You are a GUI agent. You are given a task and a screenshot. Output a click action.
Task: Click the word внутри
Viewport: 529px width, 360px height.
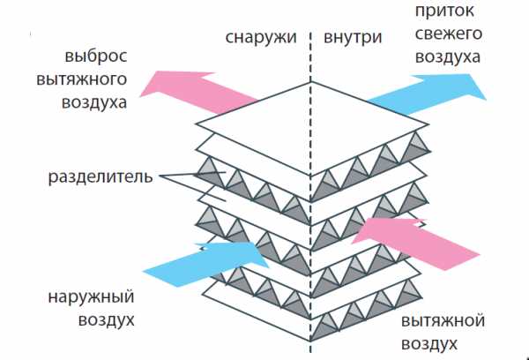coord(353,39)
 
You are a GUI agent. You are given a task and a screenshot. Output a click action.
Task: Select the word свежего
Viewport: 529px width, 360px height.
coord(445,36)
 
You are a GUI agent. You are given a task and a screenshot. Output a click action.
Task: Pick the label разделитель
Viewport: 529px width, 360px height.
coord(99,176)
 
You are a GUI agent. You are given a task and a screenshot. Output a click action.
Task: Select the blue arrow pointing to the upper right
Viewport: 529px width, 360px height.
coord(424,92)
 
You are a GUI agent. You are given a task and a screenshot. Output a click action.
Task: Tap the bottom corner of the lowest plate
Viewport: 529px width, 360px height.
coord(309,341)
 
